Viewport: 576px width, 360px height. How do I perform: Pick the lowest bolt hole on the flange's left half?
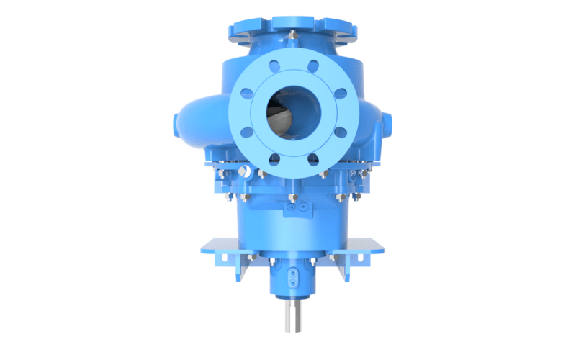(274, 160)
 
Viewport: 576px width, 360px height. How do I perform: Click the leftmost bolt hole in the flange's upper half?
(247, 94)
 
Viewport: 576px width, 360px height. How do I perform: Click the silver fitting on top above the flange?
(292, 33)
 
